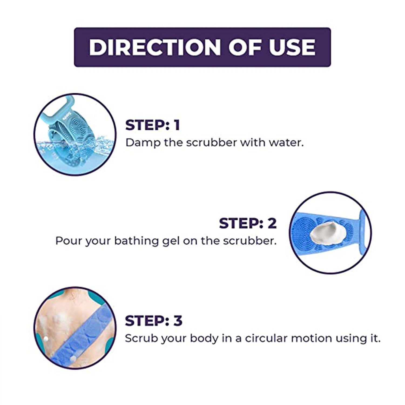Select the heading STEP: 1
[x=153, y=125]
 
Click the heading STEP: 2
[x=248, y=223]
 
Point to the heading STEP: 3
[x=154, y=321]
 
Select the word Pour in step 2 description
[x=69, y=241]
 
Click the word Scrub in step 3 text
[x=141, y=338]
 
